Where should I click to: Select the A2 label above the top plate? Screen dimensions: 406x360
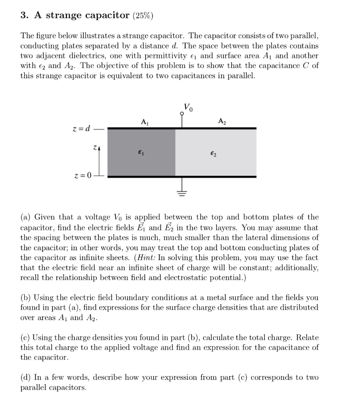(x=221, y=122)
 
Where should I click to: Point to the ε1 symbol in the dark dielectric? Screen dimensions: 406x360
(x=140, y=151)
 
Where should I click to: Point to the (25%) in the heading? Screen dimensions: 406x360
(x=142, y=15)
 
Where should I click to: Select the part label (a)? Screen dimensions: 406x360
(x=26, y=217)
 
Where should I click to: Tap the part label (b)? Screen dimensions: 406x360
(x=26, y=297)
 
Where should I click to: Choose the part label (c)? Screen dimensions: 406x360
(x=25, y=338)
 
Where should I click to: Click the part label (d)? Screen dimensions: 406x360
(x=26, y=377)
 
